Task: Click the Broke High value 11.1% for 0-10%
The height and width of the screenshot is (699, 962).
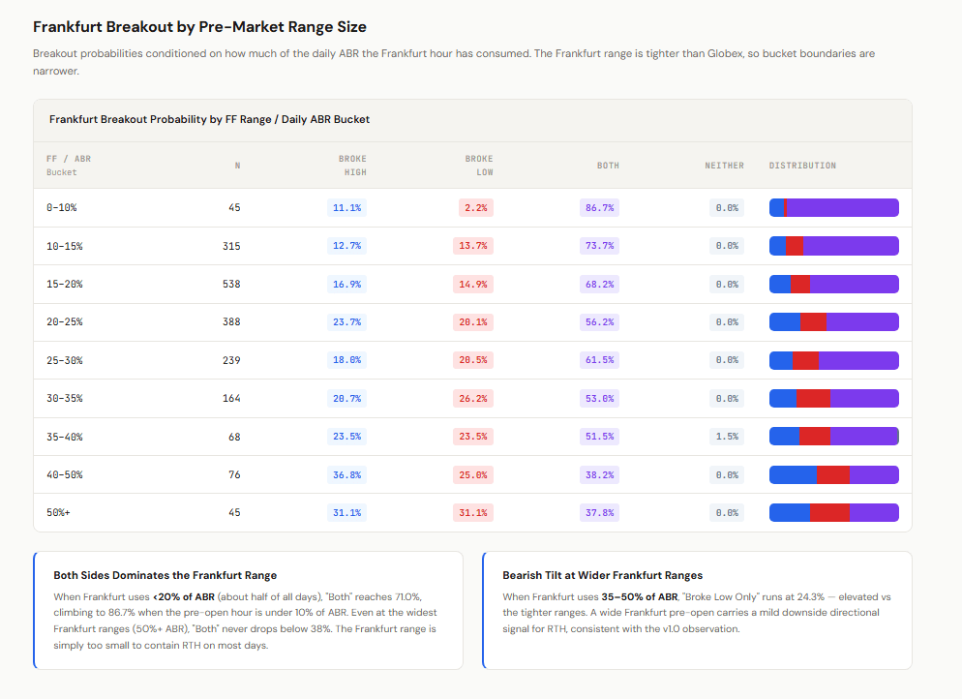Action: click(346, 208)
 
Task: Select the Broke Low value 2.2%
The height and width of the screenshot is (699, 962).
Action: click(475, 208)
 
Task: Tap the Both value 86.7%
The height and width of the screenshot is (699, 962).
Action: click(599, 208)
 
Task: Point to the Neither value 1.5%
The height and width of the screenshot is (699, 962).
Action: click(727, 437)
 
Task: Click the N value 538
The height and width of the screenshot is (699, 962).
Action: click(231, 284)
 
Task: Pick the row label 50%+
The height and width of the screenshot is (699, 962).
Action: click(58, 512)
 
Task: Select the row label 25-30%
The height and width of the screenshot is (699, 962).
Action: click(65, 360)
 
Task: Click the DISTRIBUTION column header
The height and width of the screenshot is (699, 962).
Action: click(802, 166)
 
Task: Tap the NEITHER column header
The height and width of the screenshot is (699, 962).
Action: click(724, 166)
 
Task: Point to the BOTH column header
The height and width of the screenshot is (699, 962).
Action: click(608, 166)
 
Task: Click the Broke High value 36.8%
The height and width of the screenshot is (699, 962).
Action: click(346, 475)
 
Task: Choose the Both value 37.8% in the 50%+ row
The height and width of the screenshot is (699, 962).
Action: click(599, 512)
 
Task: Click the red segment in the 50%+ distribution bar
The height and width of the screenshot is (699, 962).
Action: click(829, 512)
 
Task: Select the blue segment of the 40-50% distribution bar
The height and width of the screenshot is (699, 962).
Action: click(794, 475)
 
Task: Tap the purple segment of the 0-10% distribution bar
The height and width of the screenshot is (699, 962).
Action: click(842, 208)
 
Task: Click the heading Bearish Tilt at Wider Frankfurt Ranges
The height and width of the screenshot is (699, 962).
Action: click(603, 575)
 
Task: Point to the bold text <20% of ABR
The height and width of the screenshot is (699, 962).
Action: click(184, 596)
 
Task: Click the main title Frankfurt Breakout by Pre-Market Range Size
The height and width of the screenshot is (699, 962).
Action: click(199, 27)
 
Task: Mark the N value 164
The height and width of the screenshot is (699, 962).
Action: click(231, 398)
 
